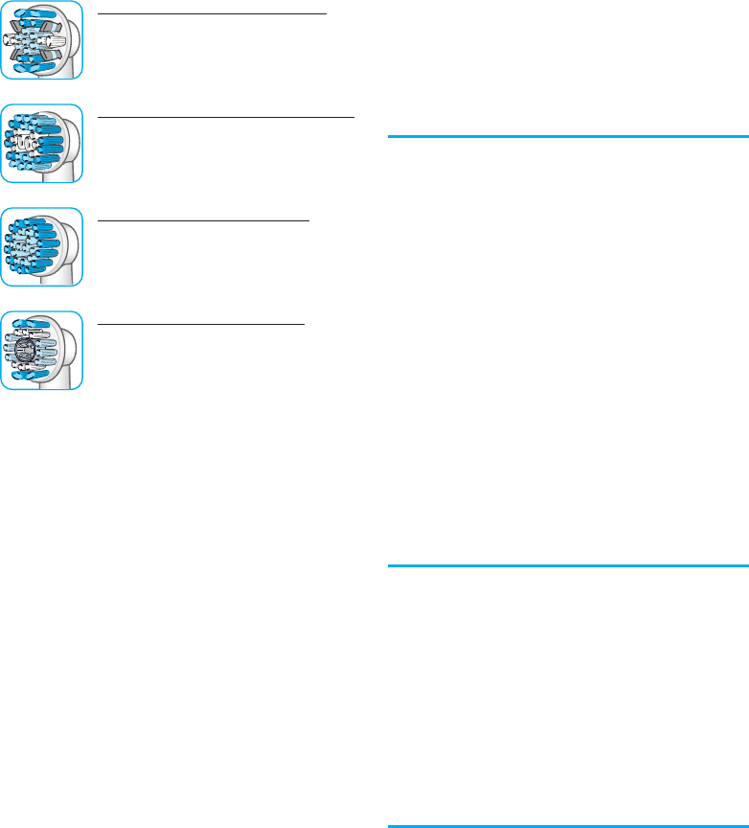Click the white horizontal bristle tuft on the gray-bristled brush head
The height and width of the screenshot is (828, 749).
21,39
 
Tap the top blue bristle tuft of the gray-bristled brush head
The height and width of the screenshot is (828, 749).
38,12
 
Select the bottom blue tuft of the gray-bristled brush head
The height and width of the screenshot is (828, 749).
38,68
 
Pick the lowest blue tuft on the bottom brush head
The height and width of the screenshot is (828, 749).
38,378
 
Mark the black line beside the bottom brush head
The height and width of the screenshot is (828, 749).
201,324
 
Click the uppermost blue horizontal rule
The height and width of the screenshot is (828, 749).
567,138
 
